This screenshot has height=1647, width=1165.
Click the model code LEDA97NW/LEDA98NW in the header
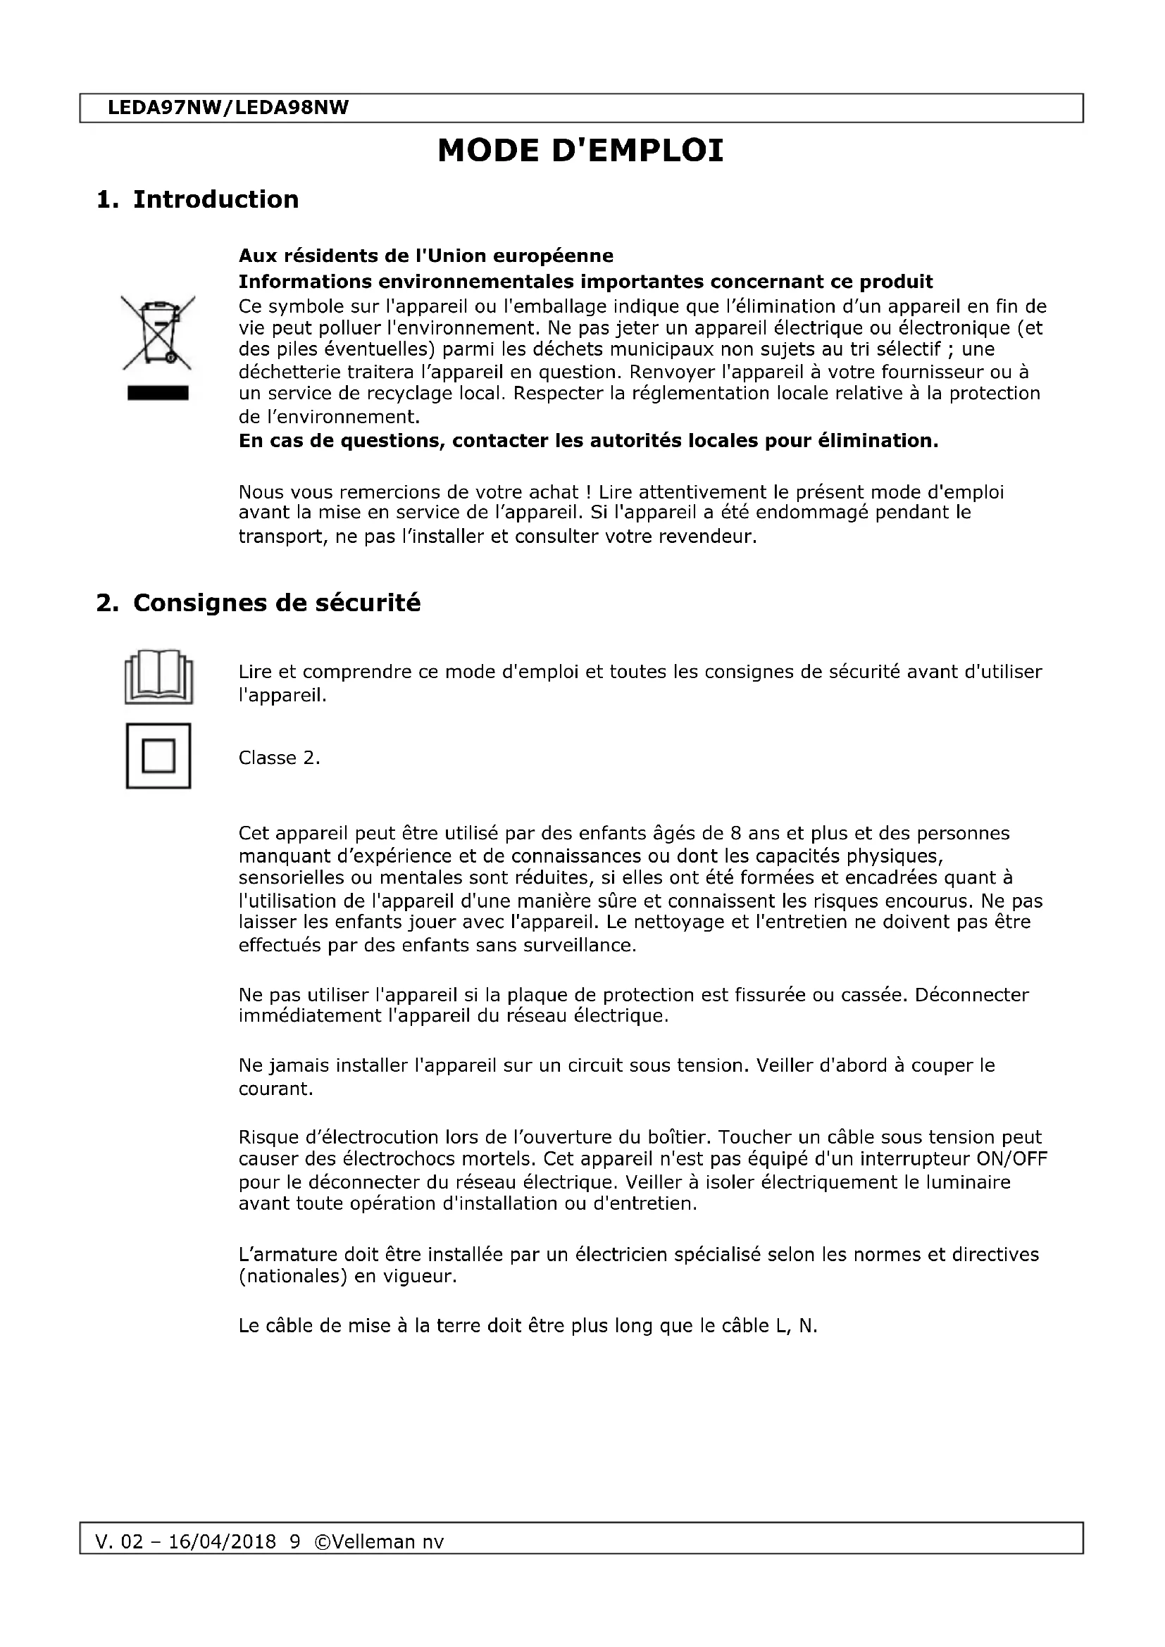click(x=228, y=108)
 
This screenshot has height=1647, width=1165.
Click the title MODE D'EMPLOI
click(x=580, y=151)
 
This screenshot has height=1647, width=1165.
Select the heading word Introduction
click(x=216, y=199)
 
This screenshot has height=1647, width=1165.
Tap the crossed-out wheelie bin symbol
click(x=158, y=332)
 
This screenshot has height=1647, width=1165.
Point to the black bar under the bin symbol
click(x=158, y=393)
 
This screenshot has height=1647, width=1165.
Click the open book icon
click(x=158, y=677)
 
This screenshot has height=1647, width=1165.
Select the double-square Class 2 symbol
click(x=158, y=756)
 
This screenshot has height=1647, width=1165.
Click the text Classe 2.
click(x=279, y=758)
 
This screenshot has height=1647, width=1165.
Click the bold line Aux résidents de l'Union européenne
click(x=425, y=256)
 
